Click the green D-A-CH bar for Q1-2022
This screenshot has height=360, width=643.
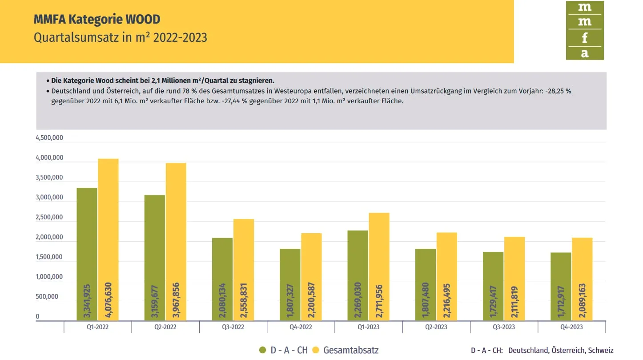tap(87, 254)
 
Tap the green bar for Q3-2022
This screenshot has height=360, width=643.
tap(222, 279)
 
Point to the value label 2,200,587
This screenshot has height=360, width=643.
tap(311, 300)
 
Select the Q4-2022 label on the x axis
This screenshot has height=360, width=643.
tap(301, 327)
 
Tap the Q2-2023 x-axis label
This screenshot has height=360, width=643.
tap(436, 327)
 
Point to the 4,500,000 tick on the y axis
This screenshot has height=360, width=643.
tap(49, 138)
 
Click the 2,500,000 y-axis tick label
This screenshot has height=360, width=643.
tap(49, 218)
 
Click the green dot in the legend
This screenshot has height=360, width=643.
tap(263, 350)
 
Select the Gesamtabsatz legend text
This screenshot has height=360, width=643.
tap(351, 350)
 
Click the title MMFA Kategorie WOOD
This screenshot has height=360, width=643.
tap(97, 20)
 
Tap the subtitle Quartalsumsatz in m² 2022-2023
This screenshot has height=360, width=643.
tap(121, 37)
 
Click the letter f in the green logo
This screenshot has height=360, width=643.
tap(584, 38)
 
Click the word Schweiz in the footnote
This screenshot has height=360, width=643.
tap(601, 351)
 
